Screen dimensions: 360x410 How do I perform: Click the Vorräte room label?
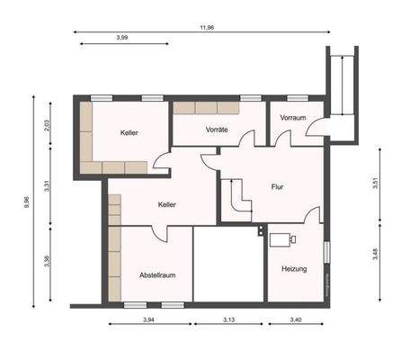coord(216,130)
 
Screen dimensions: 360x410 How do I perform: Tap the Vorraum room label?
coord(293,118)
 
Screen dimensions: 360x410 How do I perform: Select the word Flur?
coord(277,188)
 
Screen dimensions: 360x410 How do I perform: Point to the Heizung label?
coord(294,269)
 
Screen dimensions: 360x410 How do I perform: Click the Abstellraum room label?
coord(156,274)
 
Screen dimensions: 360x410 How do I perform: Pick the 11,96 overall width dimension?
coord(207,27)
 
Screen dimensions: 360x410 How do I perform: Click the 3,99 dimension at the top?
coord(121,38)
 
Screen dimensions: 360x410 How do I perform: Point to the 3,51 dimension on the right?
coord(374,187)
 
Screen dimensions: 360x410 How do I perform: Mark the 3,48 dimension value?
coord(374,256)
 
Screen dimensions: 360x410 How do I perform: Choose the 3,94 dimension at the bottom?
coord(149,319)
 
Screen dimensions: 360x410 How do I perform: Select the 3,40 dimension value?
coord(295,319)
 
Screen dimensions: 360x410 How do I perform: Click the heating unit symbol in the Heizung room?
coord(285,239)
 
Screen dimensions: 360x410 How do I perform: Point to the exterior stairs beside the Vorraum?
coord(343,85)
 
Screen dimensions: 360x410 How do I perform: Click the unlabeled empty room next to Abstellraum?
coord(228,265)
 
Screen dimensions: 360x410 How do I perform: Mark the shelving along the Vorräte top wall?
coord(206,108)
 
